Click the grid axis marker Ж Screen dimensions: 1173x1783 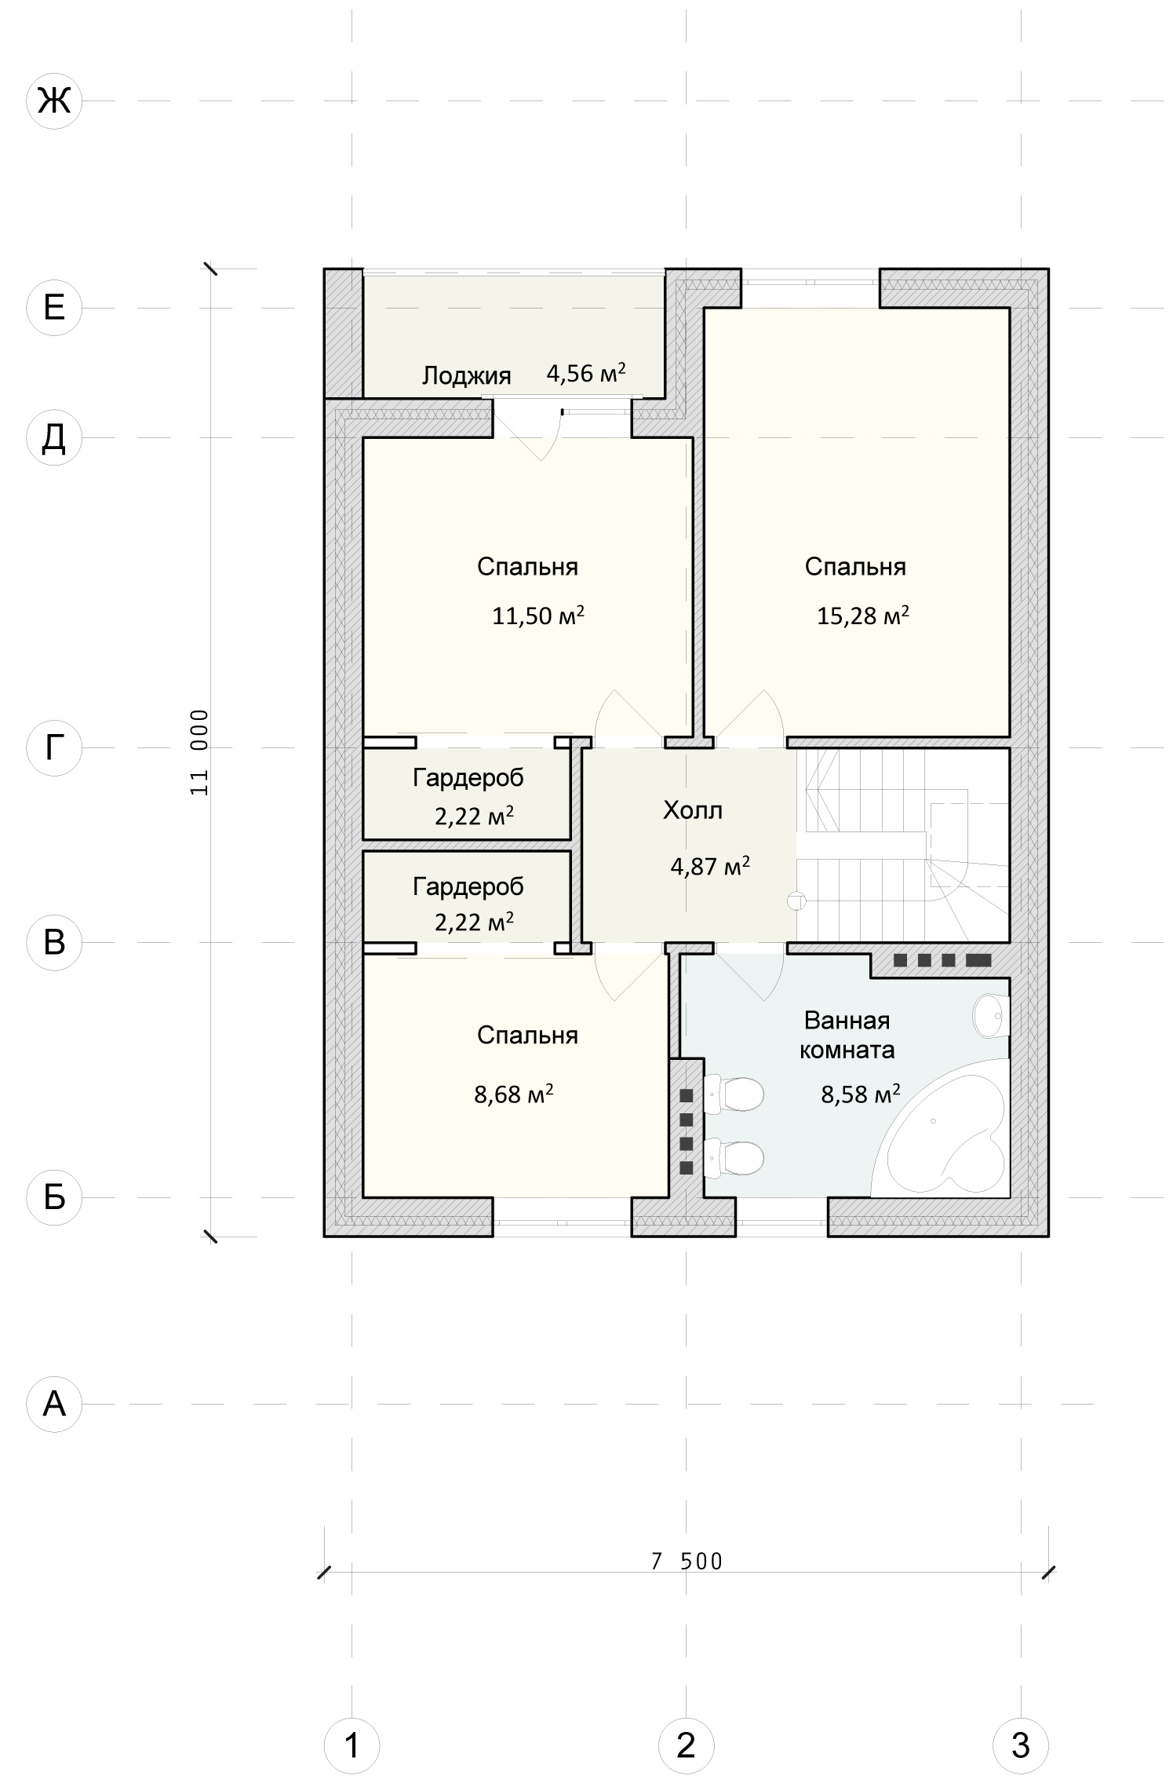pyautogui.click(x=54, y=101)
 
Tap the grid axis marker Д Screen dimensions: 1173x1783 pyautogui.click(x=54, y=437)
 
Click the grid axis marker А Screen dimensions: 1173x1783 pyautogui.click(x=54, y=1404)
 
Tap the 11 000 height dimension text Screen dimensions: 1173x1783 pyautogui.click(x=199, y=752)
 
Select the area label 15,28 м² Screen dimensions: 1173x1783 pyautogui.click(x=863, y=615)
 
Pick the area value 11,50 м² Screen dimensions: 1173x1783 pyautogui.click(x=538, y=615)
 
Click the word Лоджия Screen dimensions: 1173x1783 pyautogui.click(x=467, y=376)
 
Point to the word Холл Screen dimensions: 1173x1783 pyautogui.click(x=693, y=810)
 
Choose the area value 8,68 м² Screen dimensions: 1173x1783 pyautogui.click(x=514, y=1094)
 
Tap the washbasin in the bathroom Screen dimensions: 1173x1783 pyautogui.click(x=991, y=1016)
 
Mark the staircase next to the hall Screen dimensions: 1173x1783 pyautogui.click(x=902, y=845)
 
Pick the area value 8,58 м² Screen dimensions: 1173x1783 pyautogui.click(x=861, y=1094)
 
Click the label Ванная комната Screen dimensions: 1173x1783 pyautogui.click(x=847, y=1035)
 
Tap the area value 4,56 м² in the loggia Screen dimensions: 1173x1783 pyautogui.click(x=586, y=373)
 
